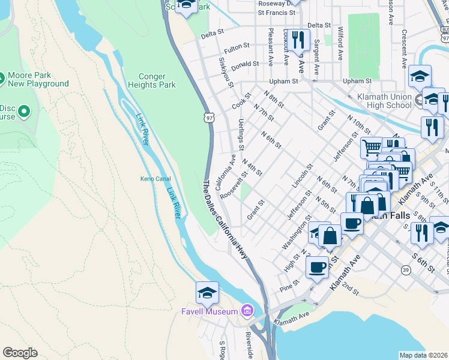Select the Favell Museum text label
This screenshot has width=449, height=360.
[209, 311]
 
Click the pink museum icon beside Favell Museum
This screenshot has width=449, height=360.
[246, 310]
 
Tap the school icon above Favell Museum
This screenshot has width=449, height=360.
[207, 292]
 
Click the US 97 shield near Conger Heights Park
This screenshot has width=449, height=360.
[208, 118]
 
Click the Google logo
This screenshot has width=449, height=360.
[20, 352]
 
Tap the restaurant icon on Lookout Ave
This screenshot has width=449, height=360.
[297, 40]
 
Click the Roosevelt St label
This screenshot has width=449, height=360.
[234, 188]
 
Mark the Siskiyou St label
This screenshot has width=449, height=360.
[226, 73]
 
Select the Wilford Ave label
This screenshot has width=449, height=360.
[340, 43]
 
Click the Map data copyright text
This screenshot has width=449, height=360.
[423, 355]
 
